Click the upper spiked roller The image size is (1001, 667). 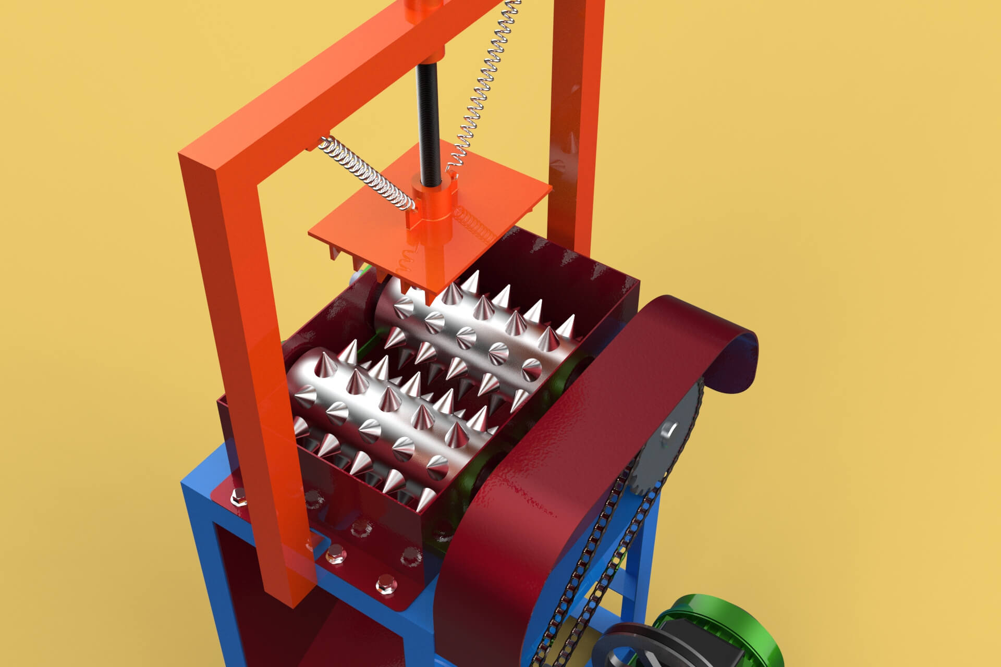pos(485,323)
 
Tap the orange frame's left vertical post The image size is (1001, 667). pos(245,365)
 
